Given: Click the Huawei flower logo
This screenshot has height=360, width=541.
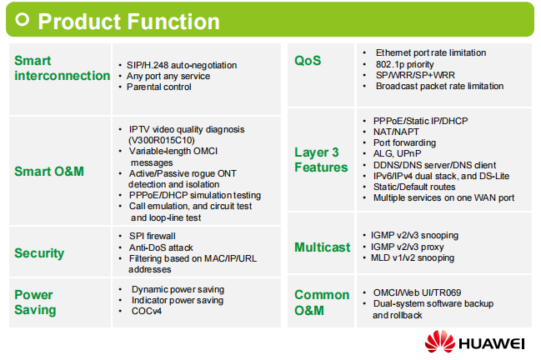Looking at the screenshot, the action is pyautogui.click(x=440, y=342).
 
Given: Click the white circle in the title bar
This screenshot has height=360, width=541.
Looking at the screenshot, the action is pyautogui.click(x=22, y=20).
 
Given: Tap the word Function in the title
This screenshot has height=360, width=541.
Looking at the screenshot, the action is pyautogui.click(x=174, y=22).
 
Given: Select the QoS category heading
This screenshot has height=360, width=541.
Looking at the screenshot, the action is pyautogui.click(x=308, y=61).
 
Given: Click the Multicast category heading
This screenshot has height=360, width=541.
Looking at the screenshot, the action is pyautogui.click(x=323, y=247).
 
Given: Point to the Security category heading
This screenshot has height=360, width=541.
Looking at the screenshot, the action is pyautogui.click(x=39, y=253).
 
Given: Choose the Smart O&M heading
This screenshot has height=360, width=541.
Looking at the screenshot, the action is pyautogui.click(x=49, y=172).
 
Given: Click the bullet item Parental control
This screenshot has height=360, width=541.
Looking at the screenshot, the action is pyautogui.click(x=158, y=87).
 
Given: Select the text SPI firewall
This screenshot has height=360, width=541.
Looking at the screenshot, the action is pyautogui.click(x=153, y=236).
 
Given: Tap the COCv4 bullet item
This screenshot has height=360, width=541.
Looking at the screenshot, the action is pyautogui.click(x=146, y=311).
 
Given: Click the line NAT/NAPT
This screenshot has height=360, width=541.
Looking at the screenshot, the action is pyautogui.click(x=396, y=132).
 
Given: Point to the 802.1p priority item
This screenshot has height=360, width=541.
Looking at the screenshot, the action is pyautogui.click(x=405, y=64).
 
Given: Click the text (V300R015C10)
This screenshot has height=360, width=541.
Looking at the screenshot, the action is pyautogui.click(x=161, y=140).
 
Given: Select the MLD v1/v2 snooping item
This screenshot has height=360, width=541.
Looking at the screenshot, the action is pyautogui.click(x=413, y=258).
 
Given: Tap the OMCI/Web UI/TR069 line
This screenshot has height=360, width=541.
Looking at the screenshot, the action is pyautogui.click(x=417, y=292).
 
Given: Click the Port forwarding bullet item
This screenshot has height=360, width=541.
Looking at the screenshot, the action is pyautogui.click(x=404, y=142).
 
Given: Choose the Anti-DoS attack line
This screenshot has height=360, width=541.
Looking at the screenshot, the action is pyautogui.click(x=161, y=247).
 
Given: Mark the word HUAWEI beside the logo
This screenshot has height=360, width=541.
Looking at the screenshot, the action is pyautogui.click(x=492, y=343).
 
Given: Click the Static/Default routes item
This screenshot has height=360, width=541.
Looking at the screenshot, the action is pyautogui.click(x=414, y=187).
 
